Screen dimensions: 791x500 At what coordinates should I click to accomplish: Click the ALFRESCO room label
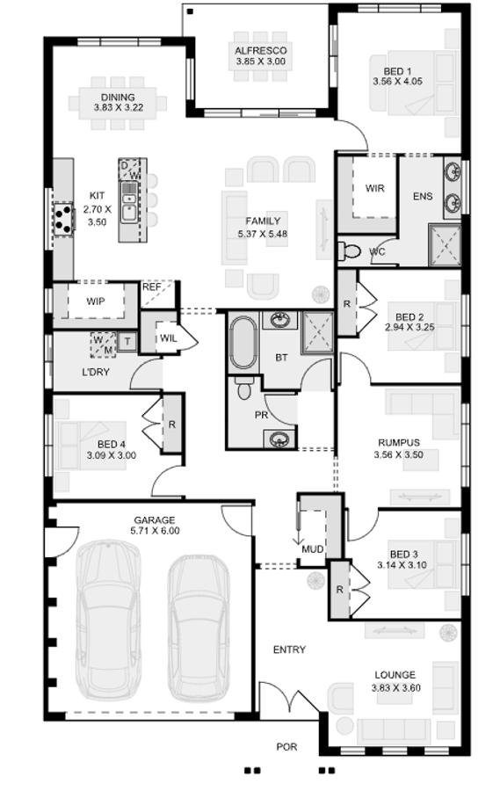(x=260, y=51)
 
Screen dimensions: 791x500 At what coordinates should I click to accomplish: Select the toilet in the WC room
(x=351, y=251)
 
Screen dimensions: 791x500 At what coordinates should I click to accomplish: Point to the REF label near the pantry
(x=152, y=287)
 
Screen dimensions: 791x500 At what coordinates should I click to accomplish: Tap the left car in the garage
(x=109, y=619)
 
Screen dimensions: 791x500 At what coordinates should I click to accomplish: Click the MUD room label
(x=312, y=549)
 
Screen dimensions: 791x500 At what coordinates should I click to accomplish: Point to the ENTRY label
(x=289, y=649)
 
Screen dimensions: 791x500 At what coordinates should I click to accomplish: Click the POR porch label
(x=286, y=747)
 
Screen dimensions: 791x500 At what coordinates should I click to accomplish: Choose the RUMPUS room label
(x=398, y=443)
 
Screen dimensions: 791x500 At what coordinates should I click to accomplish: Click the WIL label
(x=169, y=337)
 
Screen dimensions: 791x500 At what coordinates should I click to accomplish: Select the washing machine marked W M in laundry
(x=102, y=344)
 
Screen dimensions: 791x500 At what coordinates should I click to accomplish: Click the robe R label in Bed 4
(x=170, y=425)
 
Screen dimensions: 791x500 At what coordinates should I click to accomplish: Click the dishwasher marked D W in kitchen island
(x=129, y=171)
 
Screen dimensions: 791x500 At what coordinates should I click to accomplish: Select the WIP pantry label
(x=97, y=301)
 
